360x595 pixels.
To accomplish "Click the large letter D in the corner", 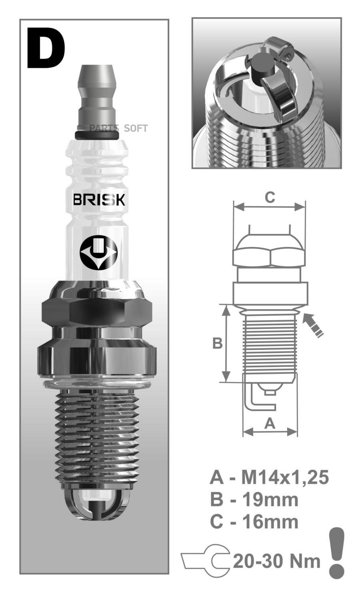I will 45,48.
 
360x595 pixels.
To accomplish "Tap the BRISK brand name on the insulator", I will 98,200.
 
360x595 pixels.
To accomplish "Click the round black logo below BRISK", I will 98,253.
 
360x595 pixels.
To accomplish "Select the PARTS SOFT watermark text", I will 118,128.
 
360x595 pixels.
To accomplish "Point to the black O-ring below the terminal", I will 97,135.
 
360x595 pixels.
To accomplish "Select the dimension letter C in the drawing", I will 270,197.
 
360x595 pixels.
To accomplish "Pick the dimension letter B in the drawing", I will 217,343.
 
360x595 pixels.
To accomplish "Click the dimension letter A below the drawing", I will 270,423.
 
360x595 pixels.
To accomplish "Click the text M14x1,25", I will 285,477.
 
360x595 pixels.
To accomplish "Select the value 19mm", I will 270,500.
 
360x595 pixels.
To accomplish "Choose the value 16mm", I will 270,522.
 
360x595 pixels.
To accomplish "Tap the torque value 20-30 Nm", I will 277,561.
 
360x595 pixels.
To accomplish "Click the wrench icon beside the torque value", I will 206,561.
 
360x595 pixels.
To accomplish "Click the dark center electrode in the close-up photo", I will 262,66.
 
